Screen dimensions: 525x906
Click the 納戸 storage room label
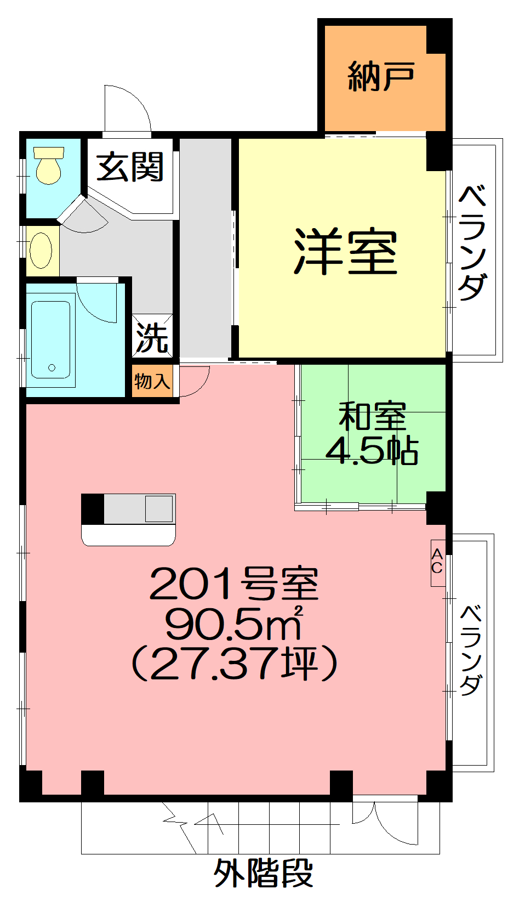click(x=381, y=76)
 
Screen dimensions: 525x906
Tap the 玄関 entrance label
click(x=130, y=166)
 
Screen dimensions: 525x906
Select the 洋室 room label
click(x=346, y=252)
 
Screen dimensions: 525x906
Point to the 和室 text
click(x=372, y=416)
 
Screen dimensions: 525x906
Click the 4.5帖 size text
click(x=372, y=450)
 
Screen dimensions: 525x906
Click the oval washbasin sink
click(x=41, y=251)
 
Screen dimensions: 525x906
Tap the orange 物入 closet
click(x=152, y=381)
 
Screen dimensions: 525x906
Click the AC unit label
click(x=437, y=563)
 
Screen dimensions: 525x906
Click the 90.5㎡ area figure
click(x=235, y=623)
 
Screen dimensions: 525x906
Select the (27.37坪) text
click(x=235, y=664)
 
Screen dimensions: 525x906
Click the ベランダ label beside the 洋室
click(x=472, y=242)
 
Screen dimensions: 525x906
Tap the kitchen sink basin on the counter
click(x=159, y=508)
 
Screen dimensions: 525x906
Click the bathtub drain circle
click(x=52, y=367)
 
